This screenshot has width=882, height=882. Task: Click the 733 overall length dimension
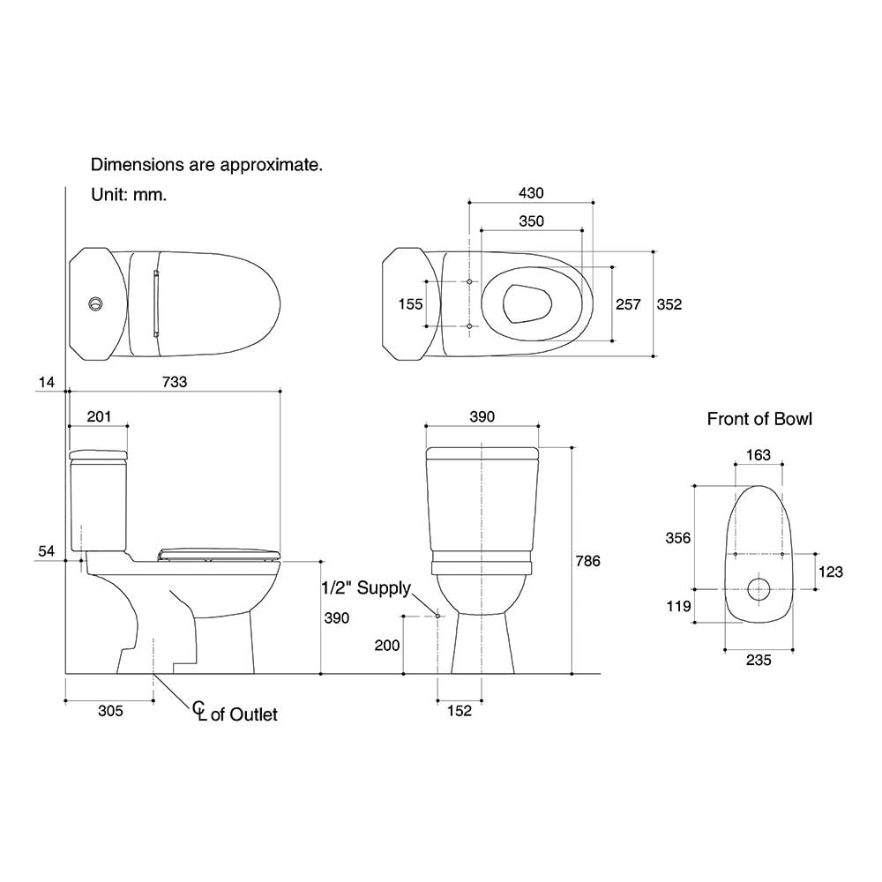(174, 381)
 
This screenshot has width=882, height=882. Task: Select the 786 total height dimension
(587, 561)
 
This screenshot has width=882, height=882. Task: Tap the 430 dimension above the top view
(531, 193)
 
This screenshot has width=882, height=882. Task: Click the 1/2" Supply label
(365, 588)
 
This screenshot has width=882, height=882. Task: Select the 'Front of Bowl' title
(759, 419)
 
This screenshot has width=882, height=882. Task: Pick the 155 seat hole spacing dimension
(410, 304)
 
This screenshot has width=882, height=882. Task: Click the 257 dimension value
(628, 304)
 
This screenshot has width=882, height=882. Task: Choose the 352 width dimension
(669, 304)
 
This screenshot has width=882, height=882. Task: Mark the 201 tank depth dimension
(99, 416)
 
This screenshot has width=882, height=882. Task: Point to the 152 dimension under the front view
(460, 711)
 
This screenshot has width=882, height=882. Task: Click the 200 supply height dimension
(387, 646)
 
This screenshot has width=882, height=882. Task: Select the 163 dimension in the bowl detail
(758, 455)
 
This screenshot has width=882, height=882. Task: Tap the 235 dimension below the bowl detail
(758, 660)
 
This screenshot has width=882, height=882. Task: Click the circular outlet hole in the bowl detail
(758, 588)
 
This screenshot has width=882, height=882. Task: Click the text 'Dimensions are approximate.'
(207, 165)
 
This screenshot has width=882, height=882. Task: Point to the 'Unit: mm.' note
(129, 195)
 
